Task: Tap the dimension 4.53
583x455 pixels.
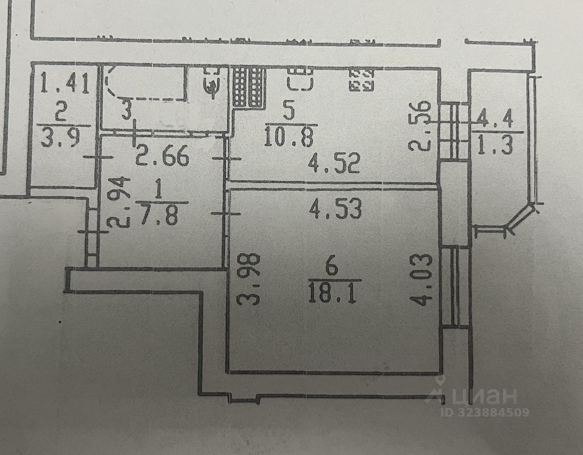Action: click(335, 209)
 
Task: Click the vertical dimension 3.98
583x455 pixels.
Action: click(252, 279)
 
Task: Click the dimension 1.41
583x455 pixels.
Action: click(65, 84)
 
